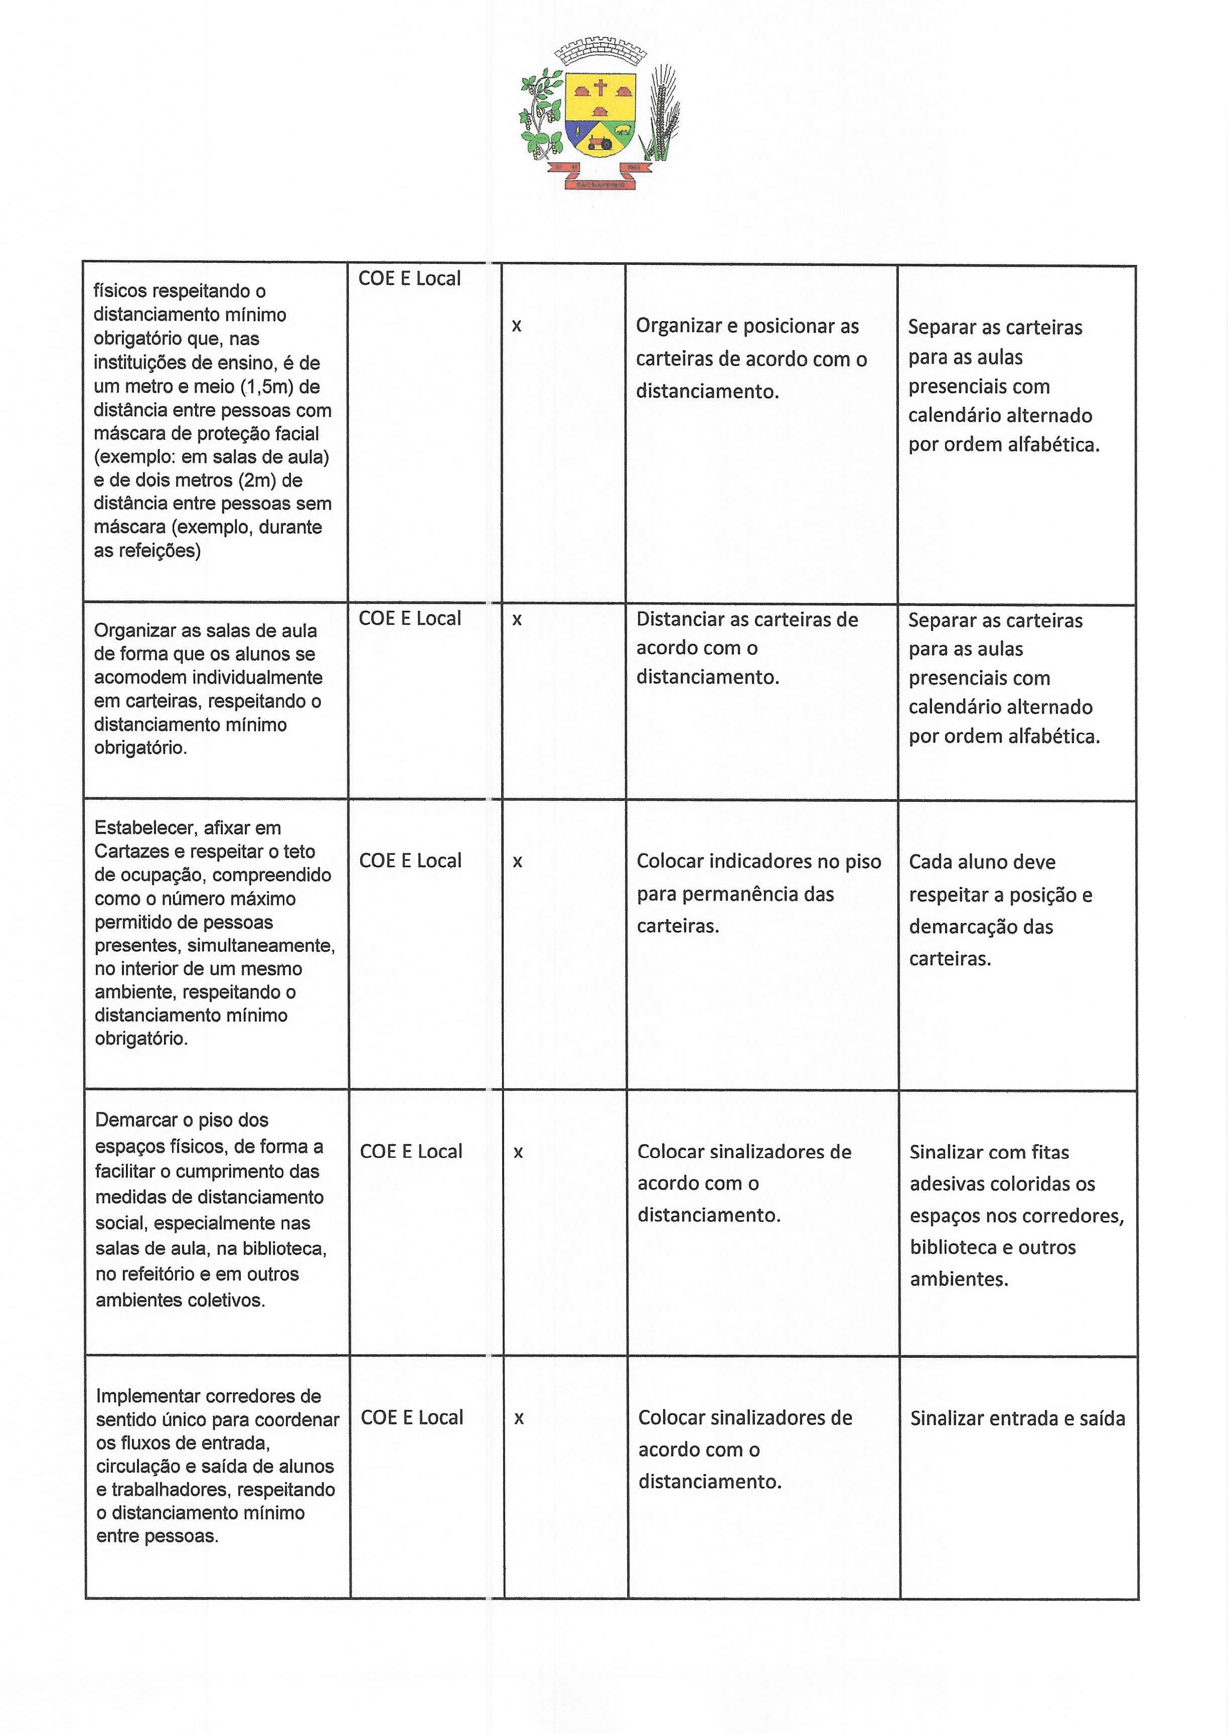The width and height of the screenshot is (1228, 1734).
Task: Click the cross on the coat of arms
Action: (x=600, y=88)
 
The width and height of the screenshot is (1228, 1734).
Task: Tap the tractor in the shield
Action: (x=600, y=141)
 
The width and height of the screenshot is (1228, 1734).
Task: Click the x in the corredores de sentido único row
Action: (x=519, y=1418)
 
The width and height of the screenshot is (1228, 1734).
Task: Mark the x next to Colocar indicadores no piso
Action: (x=517, y=861)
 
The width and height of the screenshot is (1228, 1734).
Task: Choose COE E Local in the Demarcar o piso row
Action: (x=411, y=1151)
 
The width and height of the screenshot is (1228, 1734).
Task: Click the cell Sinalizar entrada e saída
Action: (x=1017, y=1418)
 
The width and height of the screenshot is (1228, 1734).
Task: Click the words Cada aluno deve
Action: (x=982, y=861)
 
